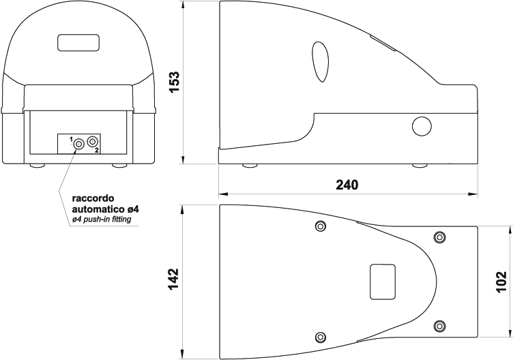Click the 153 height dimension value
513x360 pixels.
tap(175, 82)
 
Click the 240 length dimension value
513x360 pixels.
tap(347, 185)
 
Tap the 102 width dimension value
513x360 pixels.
tap(501, 282)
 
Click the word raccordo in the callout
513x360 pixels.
tap(93, 198)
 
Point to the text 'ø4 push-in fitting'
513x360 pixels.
tap(102, 220)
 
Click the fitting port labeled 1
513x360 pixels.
tap(79, 144)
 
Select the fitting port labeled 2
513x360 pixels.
tap(93, 142)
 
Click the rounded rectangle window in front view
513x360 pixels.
tap(78, 42)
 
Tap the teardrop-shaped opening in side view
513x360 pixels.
tap(321, 62)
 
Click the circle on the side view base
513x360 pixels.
tap(422, 126)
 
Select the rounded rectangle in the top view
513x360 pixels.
tap(383, 282)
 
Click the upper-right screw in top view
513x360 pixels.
tap(440, 237)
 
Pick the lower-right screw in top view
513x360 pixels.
tap(440, 326)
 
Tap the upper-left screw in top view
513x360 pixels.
tap(321, 226)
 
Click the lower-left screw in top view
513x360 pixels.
tap(321, 337)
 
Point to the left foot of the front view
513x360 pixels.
tap(37, 166)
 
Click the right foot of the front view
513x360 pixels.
tap(120, 166)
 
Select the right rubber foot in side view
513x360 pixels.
tap(420, 166)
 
